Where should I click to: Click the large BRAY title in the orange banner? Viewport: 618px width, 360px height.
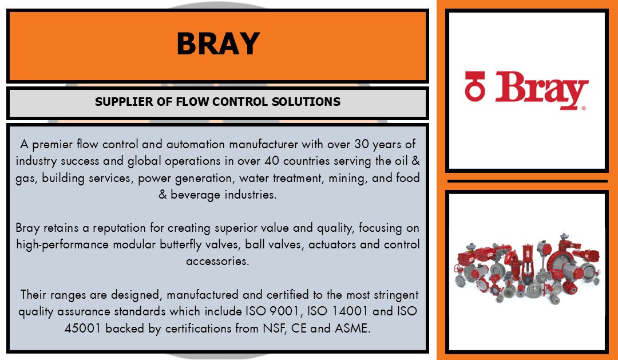point(218,43)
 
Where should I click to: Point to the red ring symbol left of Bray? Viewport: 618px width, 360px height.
point(475,86)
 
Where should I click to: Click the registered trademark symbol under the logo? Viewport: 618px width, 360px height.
point(583,108)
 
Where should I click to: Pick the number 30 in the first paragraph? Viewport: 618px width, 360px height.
point(362,144)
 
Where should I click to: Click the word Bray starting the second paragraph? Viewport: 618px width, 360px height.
point(27,228)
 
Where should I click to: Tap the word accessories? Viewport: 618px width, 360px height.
point(217,262)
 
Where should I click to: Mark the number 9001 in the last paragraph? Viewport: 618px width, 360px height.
point(284,311)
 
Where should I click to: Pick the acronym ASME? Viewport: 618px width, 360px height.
point(352,329)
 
